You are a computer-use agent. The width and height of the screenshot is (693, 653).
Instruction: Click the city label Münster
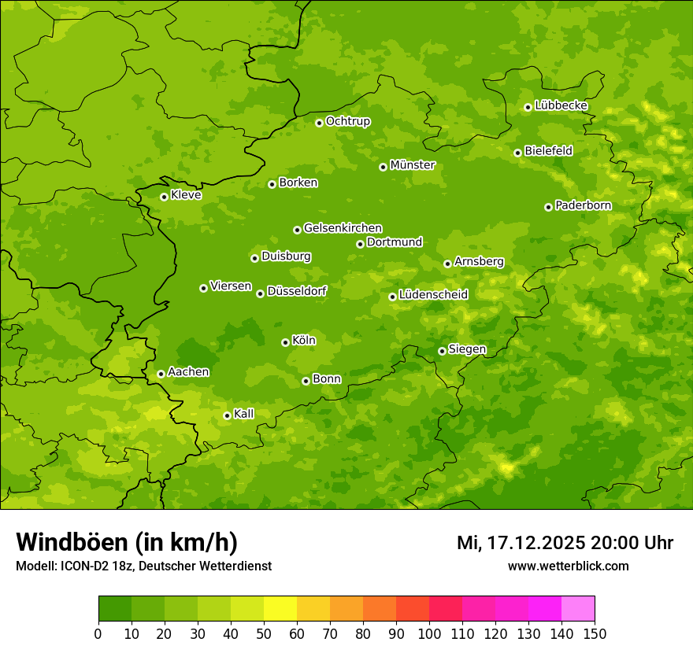pos(413,165)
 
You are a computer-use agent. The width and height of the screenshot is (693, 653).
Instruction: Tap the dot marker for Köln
pos(285,342)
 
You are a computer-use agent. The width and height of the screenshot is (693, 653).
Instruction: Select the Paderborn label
pos(583,205)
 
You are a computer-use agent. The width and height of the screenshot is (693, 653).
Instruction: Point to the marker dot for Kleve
pos(164,197)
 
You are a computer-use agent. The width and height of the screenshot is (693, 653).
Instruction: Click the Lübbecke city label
pos(561,105)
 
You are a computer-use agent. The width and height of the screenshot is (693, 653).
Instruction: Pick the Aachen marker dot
pos(161,374)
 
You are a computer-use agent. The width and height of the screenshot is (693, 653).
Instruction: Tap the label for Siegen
pos(467,349)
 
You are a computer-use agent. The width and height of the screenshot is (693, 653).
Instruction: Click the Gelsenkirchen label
pos(343,228)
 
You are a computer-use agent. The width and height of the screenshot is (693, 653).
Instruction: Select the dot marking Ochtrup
pos(319,123)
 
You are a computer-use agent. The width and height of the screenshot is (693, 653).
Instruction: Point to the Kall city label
pos(244,414)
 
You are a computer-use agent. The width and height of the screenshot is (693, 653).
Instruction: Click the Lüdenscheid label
pos(433,295)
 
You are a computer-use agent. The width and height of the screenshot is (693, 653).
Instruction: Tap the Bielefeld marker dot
pos(517,153)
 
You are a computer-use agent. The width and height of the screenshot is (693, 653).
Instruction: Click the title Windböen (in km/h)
pos(127,542)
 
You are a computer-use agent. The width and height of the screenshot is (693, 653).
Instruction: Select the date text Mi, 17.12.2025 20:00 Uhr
pos(565,543)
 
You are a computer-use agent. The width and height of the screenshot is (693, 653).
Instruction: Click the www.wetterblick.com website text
pos(568,566)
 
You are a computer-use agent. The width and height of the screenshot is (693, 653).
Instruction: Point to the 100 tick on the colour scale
pos(429,633)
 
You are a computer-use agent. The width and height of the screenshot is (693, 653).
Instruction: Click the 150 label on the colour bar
pos(594,633)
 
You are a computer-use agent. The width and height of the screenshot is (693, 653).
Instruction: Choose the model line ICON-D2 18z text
pos(143,566)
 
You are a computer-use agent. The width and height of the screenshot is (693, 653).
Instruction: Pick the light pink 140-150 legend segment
pos(578,609)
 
